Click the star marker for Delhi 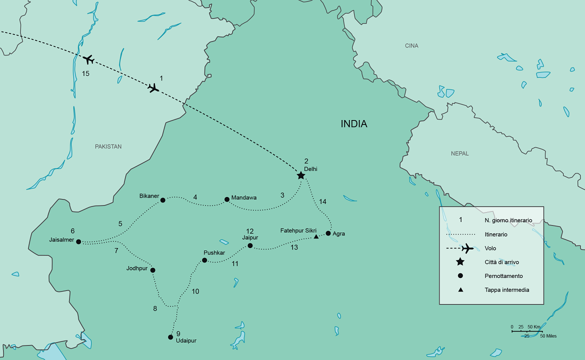click(x=300, y=175)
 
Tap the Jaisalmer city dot click(x=78, y=241)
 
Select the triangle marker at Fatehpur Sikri click(x=316, y=236)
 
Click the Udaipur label click(x=186, y=340)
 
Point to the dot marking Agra click(x=328, y=233)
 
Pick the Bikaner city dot click(x=162, y=200)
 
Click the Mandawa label click(x=244, y=197)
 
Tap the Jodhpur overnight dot click(x=152, y=270)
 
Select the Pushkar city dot click(x=204, y=260)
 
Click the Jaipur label click(x=250, y=237)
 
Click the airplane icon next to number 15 click(x=88, y=59)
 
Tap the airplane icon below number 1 click(x=153, y=88)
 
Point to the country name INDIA click(x=354, y=123)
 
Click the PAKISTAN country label click(x=108, y=146)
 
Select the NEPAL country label click(x=459, y=153)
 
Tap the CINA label click(x=411, y=46)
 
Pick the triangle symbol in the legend click(x=460, y=289)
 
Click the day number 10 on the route click(x=195, y=291)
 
